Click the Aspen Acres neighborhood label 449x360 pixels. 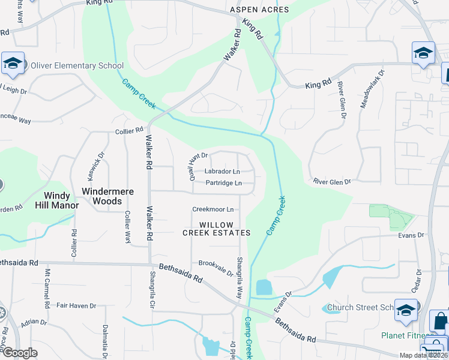tap(259, 10)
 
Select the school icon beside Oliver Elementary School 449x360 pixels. tap(12, 63)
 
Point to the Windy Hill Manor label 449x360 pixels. tap(61, 200)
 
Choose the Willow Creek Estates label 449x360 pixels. tap(216, 228)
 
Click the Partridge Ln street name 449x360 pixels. tap(223, 183)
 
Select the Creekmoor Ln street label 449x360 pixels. tap(212, 209)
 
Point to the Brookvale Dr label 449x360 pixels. tap(215, 267)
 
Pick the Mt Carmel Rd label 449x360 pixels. tap(47, 289)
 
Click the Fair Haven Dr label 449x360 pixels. tap(76, 305)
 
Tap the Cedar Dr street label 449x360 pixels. tap(415, 279)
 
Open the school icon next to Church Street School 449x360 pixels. tap(406, 310)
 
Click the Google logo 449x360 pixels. tap(20, 353)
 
